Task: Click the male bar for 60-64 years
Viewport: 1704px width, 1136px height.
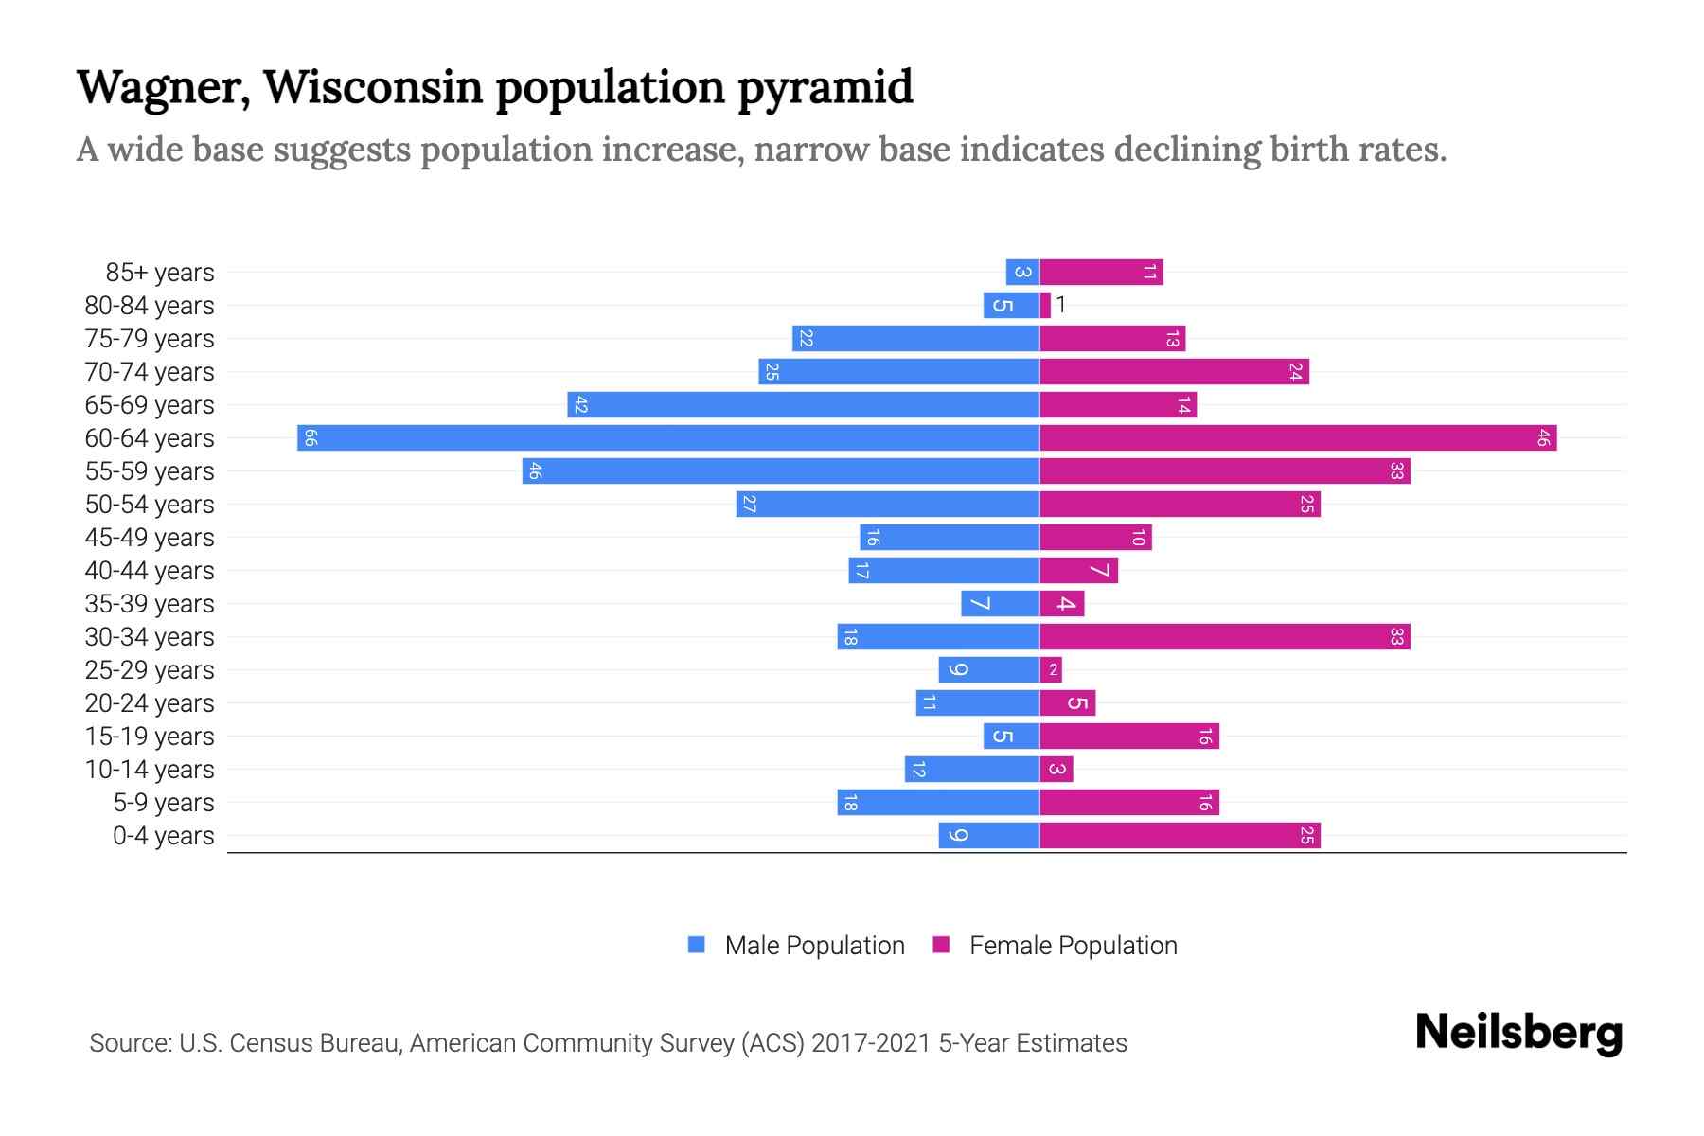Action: (668, 438)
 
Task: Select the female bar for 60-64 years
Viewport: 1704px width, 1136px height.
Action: (1297, 438)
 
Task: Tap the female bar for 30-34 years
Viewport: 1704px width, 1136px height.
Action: (1225, 637)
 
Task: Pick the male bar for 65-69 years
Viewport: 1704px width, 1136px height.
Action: (803, 405)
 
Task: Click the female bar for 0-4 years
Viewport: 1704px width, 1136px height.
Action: (1180, 836)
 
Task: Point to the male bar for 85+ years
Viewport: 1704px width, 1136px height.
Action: (1022, 273)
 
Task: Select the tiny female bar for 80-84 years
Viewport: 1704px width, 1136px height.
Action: (1045, 306)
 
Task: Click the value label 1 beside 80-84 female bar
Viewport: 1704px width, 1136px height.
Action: (1061, 305)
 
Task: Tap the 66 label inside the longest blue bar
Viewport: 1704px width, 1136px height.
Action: (311, 438)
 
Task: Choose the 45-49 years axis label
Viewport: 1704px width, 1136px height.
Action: (150, 538)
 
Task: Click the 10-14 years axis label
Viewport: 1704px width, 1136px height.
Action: (150, 770)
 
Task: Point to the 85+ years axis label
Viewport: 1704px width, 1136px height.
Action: (160, 273)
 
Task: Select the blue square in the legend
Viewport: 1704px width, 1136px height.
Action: (697, 945)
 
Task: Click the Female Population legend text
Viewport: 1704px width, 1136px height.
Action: (1073, 946)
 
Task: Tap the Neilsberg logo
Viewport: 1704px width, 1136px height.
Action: (1518, 1033)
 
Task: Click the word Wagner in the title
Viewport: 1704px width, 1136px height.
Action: (163, 88)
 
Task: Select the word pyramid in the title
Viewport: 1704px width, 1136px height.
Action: (825, 88)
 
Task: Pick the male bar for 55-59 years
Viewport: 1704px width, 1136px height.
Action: (780, 471)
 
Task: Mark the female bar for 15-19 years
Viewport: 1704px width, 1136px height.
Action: (1129, 737)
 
